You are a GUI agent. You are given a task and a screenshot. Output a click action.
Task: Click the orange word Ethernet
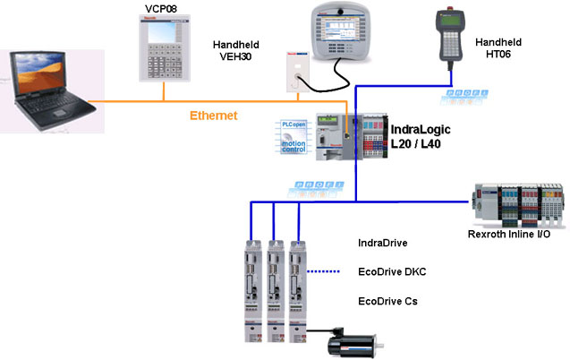(216, 116)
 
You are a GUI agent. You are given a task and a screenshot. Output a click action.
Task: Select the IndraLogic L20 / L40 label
(421, 136)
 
